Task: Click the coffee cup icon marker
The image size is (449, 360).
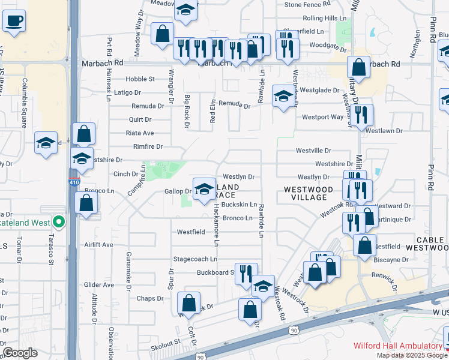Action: (x=13, y=21)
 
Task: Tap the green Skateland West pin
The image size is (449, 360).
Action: (x=58, y=222)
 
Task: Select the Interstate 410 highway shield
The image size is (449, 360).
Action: (x=73, y=182)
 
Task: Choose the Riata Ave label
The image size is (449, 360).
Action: (x=140, y=133)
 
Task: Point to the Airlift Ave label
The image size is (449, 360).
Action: (x=99, y=245)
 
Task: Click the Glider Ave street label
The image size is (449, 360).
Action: (x=99, y=285)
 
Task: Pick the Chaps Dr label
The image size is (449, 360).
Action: (x=150, y=298)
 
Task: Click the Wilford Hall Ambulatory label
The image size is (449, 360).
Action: (x=397, y=346)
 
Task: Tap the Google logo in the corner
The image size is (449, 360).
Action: (x=20, y=353)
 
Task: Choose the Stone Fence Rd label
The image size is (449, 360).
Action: (x=308, y=4)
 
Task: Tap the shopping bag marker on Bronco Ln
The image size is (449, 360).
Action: (x=86, y=203)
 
